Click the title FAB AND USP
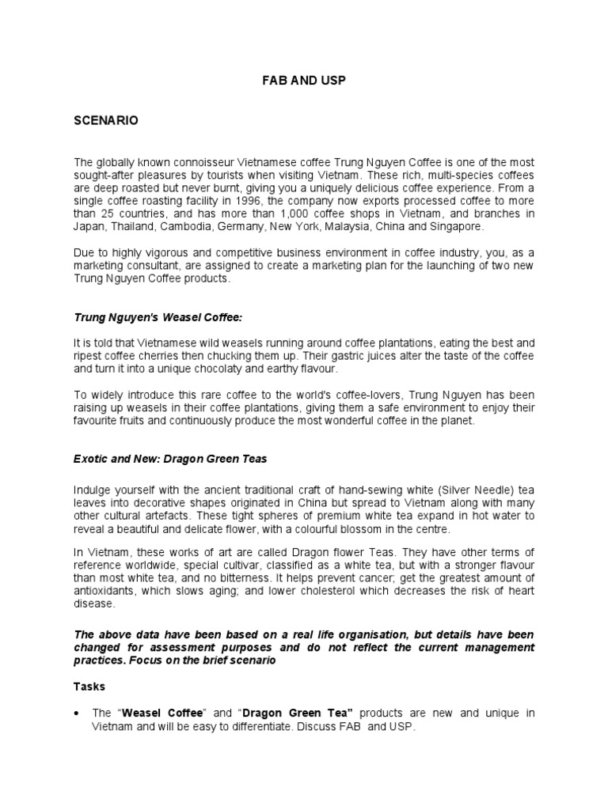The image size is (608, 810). (x=304, y=81)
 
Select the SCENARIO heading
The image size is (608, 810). (x=106, y=120)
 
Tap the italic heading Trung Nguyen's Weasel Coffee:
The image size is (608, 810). (x=158, y=317)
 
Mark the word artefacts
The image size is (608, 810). (x=176, y=516)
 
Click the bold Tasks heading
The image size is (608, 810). (x=89, y=687)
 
